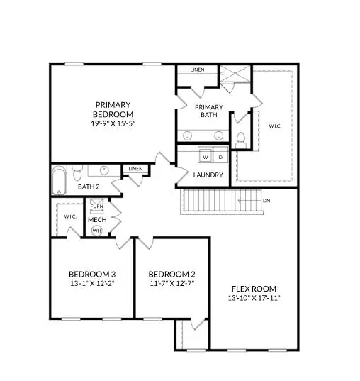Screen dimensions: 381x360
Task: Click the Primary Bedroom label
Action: click(x=113, y=109)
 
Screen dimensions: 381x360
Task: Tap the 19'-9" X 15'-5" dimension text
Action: click(x=113, y=123)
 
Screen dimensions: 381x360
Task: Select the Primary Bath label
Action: click(x=208, y=111)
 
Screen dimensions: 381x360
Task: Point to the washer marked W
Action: click(x=205, y=157)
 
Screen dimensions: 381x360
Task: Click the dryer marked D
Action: click(x=220, y=157)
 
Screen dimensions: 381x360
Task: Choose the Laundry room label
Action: click(x=208, y=175)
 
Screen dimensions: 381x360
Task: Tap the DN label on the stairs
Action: click(x=266, y=201)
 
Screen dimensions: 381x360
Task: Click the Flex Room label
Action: click(x=254, y=289)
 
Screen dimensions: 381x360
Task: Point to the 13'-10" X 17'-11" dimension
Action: click(x=254, y=298)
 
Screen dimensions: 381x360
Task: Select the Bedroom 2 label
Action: click(x=171, y=275)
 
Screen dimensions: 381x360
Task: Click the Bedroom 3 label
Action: click(x=92, y=275)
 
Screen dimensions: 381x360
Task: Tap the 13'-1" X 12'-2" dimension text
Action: click(x=92, y=284)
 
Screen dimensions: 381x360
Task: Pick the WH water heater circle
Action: click(x=96, y=231)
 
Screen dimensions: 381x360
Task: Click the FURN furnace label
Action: click(x=96, y=206)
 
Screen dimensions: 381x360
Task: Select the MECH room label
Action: click(x=96, y=220)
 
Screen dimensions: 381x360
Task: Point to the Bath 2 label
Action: click(x=89, y=187)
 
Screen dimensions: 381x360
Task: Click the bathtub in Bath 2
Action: click(x=59, y=180)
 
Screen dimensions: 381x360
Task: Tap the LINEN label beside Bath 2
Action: click(x=135, y=169)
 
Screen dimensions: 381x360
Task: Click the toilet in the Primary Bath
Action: click(x=240, y=138)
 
